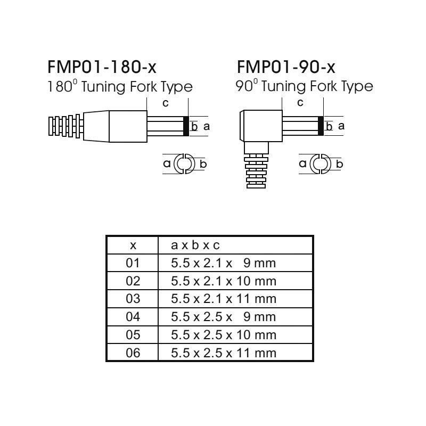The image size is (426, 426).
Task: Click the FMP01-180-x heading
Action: tap(102, 67)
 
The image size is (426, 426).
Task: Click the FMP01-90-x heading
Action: tap(286, 67)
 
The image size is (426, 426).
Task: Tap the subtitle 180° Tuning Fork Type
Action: tap(120, 87)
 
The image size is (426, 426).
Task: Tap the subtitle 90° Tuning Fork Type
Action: tap(304, 86)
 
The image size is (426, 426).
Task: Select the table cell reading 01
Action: tap(133, 263)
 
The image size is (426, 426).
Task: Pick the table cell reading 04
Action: tap(133, 317)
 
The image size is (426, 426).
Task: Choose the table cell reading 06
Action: tap(133, 353)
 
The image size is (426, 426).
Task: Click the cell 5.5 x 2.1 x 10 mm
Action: tap(223, 281)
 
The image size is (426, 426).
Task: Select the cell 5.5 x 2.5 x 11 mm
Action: tap(223, 353)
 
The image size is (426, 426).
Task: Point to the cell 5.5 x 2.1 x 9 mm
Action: tap(223, 263)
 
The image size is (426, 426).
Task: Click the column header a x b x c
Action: tap(195, 245)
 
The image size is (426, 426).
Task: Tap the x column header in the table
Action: tap(133, 245)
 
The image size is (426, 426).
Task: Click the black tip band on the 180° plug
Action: tap(186, 126)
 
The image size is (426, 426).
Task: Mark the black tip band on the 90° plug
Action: tap(321, 126)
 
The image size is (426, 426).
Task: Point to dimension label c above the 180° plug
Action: tap(165, 103)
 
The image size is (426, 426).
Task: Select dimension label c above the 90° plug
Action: tap(300, 103)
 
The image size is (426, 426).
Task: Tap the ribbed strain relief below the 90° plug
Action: tap(256, 171)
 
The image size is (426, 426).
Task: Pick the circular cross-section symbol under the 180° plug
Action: tap(184, 164)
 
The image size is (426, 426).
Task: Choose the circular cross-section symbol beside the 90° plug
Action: tap(321, 164)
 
